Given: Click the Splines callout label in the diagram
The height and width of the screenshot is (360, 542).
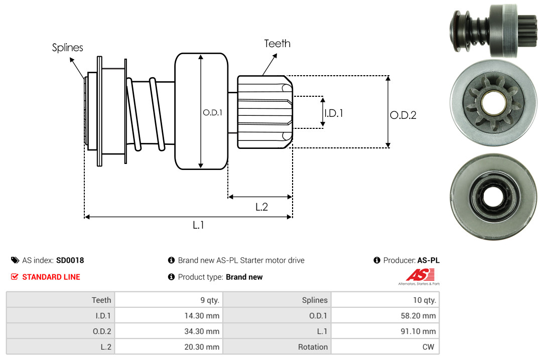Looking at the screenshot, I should coord(67,48).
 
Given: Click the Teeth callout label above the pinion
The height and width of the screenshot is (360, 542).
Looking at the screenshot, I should coord(277,44).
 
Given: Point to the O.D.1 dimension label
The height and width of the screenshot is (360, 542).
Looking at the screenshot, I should coord(212,113).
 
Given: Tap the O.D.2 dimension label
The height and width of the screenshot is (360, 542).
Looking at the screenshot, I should coord(403,115).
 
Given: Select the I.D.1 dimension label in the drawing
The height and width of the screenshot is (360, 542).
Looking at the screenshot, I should coord(333,113).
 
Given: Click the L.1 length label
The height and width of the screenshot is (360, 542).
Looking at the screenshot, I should coord(198,225).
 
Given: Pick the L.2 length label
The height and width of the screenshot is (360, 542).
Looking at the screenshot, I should coord(261,207).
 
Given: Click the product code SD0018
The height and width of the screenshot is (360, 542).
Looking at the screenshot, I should coord(70,260).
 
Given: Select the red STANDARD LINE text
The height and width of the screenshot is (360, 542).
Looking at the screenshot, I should coord(51,277).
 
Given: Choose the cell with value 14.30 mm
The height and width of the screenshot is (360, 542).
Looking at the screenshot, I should coord(203,316).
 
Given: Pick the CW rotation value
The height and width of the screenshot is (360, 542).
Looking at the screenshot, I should coord(429,347).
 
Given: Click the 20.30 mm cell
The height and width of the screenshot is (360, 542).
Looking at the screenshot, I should coord(203,347).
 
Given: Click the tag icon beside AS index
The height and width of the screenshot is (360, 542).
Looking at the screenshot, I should coord(15,260).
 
